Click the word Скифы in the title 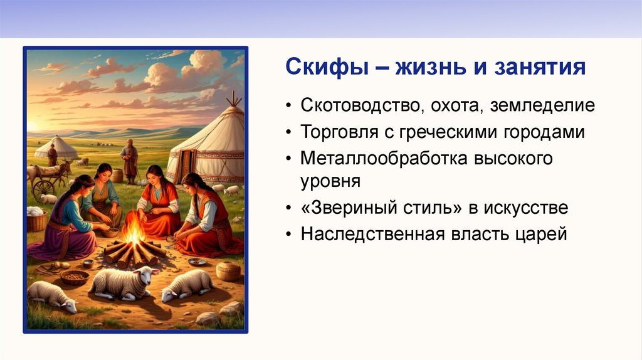(327, 67)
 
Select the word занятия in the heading (540, 67)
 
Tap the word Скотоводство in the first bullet (360, 105)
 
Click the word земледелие (542, 105)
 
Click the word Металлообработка (384, 158)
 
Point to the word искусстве (526, 208)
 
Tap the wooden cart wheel (43, 189)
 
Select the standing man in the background (130, 161)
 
